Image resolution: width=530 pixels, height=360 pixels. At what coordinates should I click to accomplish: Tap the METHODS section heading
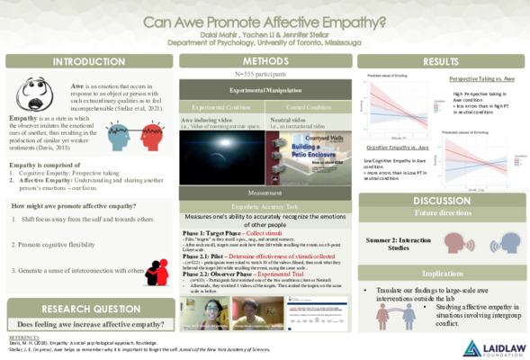click(x=265, y=61)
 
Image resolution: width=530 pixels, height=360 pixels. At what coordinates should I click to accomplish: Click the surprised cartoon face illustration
click(x=39, y=98)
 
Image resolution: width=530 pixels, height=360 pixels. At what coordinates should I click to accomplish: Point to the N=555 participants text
click(x=265, y=75)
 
